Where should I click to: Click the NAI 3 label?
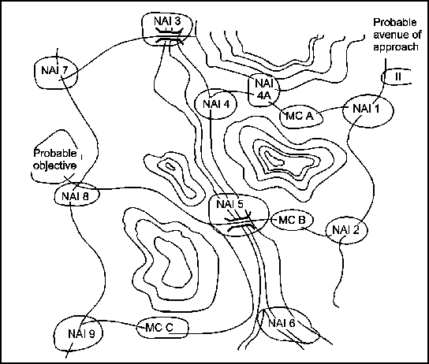pyautogui.click(x=167, y=21)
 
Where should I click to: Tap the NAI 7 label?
pyautogui.click(x=54, y=70)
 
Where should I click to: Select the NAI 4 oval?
pyautogui.click(x=216, y=90)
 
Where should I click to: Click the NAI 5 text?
pyautogui.click(x=229, y=204)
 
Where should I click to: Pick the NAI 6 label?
pyautogui.click(x=282, y=323)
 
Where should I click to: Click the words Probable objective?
pyautogui.click(x=54, y=159)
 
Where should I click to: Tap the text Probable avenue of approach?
pyautogui.click(x=395, y=35)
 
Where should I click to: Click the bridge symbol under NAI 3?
pyautogui.click(x=169, y=36)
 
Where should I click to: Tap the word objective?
pyautogui.click(x=54, y=166)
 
